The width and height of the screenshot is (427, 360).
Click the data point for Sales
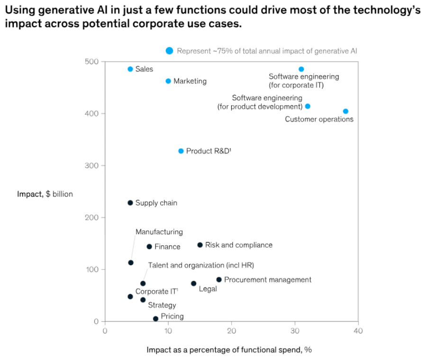pyautogui.click(x=130, y=69)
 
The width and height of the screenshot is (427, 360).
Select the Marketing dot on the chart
pyautogui.click(x=168, y=81)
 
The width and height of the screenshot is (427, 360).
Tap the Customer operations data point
pyautogui.click(x=345, y=111)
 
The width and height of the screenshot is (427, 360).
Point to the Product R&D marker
pyautogui.click(x=181, y=151)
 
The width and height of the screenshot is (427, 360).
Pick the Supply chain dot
pyautogui.click(x=130, y=203)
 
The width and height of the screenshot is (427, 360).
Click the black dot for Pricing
pyautogui.click(x=155, y=319)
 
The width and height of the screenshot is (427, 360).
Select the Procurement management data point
pyautogui.click(x=219, y=279)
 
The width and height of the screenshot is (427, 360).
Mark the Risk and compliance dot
pyautogui.click(x=200, y=245)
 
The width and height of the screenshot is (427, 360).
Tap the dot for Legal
pyautogui.click(x=193, y=283)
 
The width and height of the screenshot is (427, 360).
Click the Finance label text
pyautogui.click(x=167, y=247)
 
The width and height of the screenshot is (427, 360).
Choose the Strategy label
pyautogui.click(x=162, y=306)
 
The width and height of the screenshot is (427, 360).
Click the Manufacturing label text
pyautogui.click(x=159, y=232)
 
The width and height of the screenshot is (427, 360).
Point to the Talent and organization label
pyautogui.click(x=201, y=265)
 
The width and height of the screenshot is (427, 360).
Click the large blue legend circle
pyautogui.click(x=169, y=51)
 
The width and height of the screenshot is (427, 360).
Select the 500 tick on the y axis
pyautogui.click(x=91, y=62)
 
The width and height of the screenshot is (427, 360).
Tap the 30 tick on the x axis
pyautogui.click(x=295, y=331)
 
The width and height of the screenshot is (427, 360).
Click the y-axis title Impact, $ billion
pyautogui.click(x=45, y=194)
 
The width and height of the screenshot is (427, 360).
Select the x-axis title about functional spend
pyautogui.click(x=229, y=350)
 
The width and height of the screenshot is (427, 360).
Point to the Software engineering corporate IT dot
pyautogui.click(x=301, y=69)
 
